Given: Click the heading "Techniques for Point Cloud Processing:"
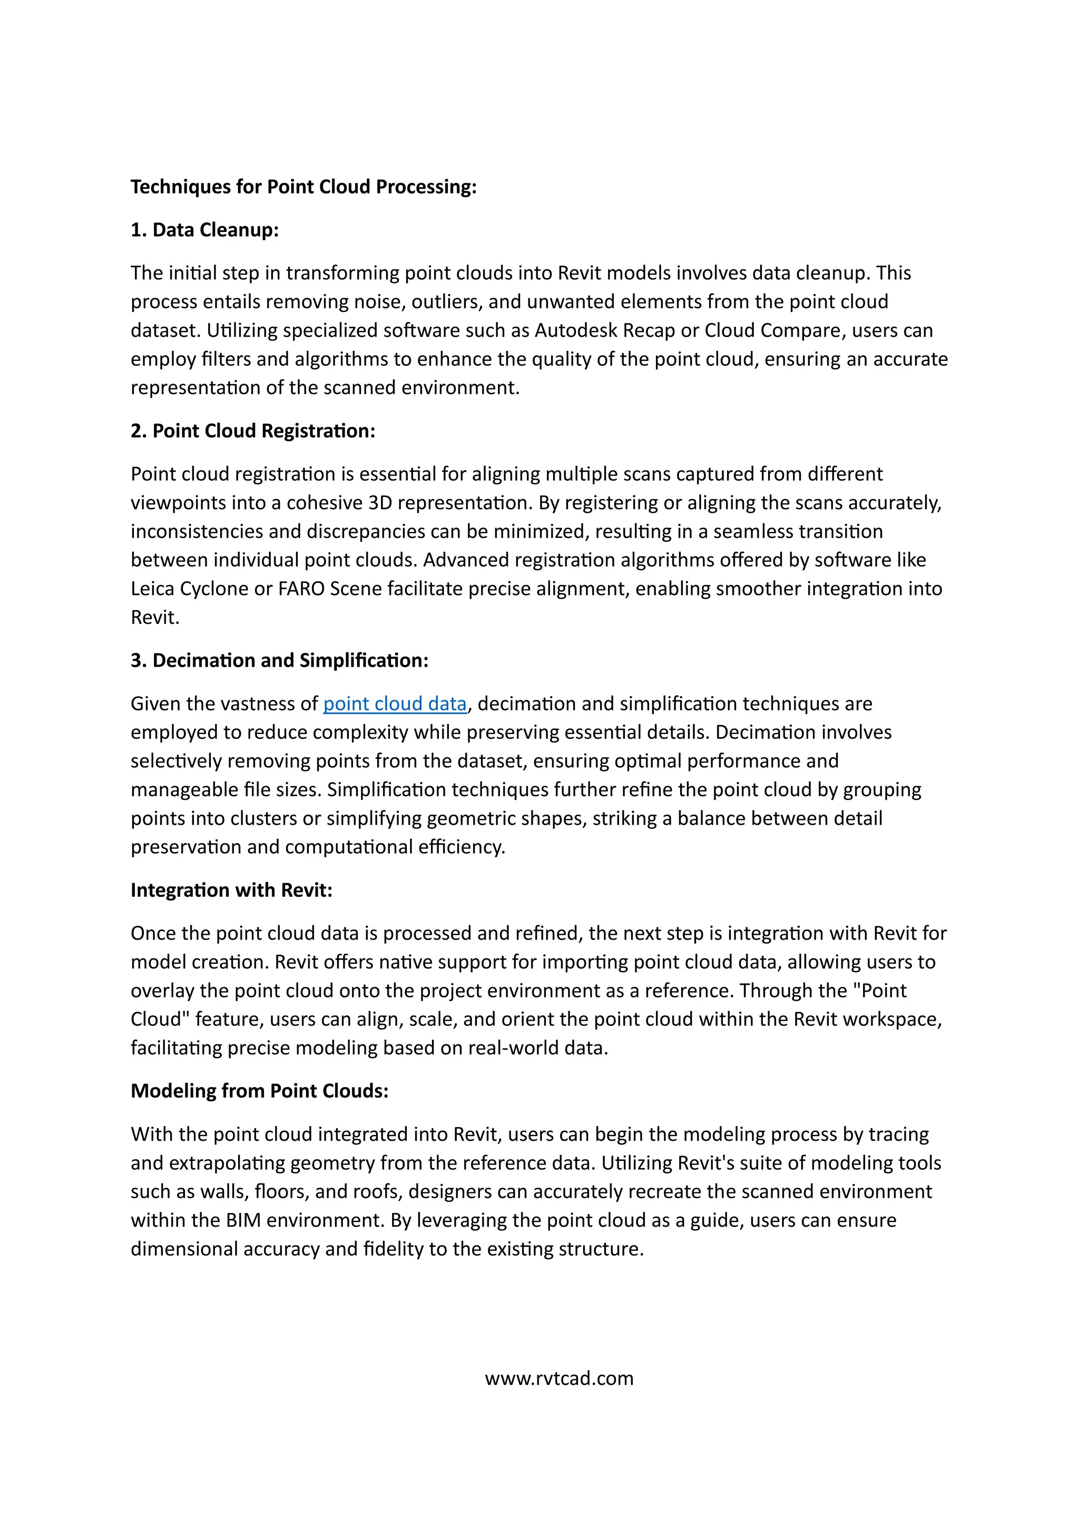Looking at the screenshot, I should (x=303, y=187).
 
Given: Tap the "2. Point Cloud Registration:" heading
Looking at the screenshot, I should (x=253, y=431).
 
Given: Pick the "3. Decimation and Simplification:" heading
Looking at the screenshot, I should (x=280, y=660).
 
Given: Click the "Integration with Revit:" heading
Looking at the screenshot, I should (x=231, y=889).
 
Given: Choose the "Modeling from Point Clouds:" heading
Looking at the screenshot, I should (x=259, y=1091).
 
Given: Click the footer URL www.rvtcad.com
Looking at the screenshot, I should (x=559, y=1378).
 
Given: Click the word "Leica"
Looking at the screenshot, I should (x=152, y=589).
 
